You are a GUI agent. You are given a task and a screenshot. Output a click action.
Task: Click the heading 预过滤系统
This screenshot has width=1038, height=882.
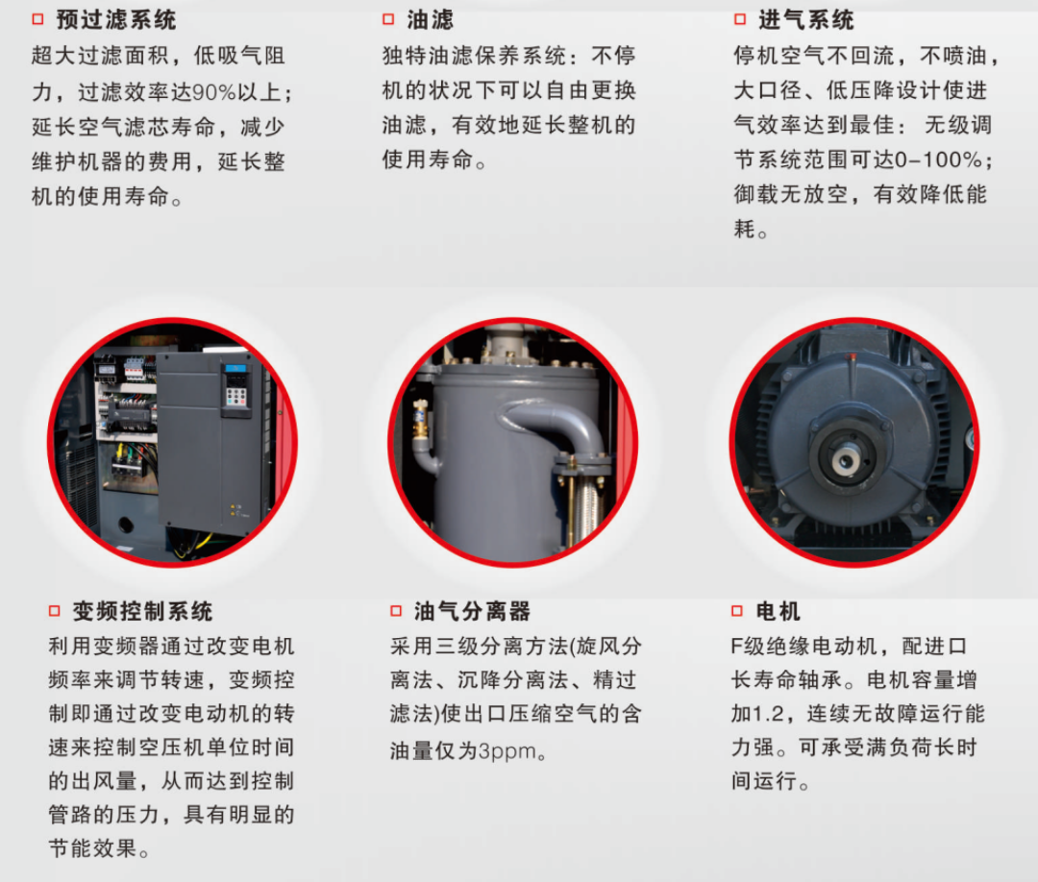click(x=116, y=20)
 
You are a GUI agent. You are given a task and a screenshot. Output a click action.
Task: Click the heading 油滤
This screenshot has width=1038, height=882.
click(x=431, y=20)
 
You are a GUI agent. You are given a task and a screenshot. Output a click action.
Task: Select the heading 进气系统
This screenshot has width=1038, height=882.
click(x=805, y=20)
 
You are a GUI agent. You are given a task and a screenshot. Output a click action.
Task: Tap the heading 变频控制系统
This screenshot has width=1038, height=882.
click(x=142, y=611)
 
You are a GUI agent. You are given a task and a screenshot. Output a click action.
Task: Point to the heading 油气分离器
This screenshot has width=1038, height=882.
click(x=472, y=611)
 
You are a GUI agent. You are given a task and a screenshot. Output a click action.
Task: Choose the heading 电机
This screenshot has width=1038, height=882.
click(x=778, y=611)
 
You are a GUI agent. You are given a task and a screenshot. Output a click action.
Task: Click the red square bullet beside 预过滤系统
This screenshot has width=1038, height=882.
click(x=37, y=19)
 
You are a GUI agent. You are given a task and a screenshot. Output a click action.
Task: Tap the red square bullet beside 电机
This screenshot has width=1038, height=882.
click(x=737, y=611)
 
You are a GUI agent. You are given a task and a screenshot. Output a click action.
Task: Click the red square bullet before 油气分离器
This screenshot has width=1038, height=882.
click(x=396, y=611)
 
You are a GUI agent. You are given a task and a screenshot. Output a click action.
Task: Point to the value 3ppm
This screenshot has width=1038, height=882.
click(x=507, y=751)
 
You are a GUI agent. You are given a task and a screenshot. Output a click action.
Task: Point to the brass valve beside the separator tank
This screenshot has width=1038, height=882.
click(x=420, y=419)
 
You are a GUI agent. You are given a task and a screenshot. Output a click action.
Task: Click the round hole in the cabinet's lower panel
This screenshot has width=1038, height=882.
click(x=126, y=526)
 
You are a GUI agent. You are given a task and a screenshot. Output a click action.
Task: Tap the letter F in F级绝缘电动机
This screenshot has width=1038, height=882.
click(x=736, y=646)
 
